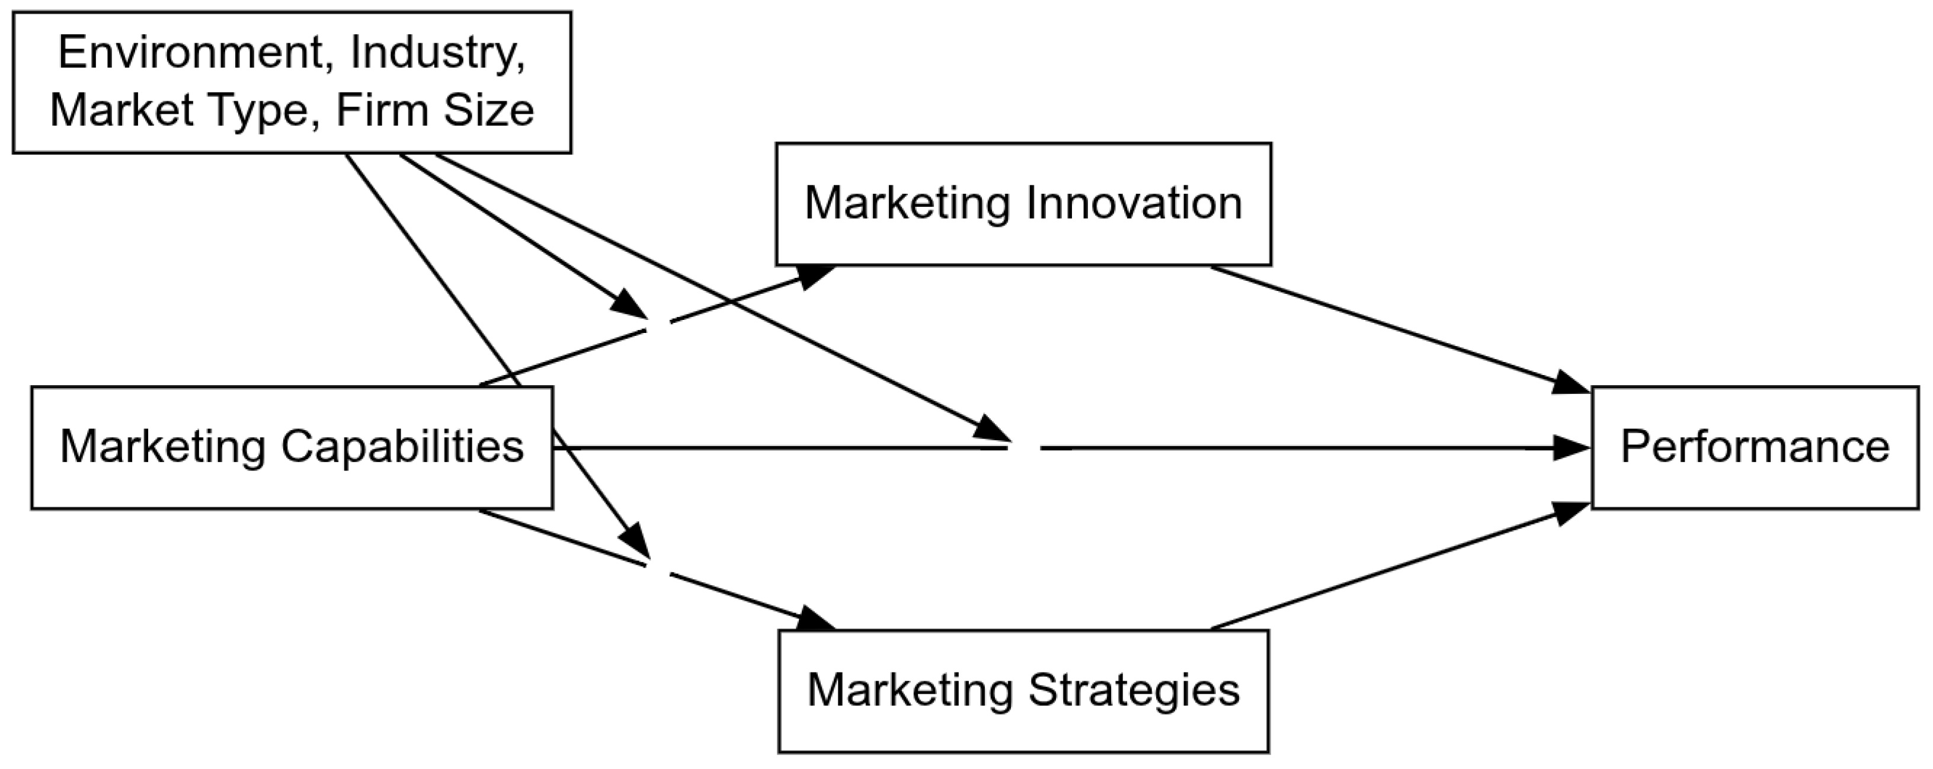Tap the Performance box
click(x=1755, y=448)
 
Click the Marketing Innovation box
click(x=1023, y=204)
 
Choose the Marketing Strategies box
click(x=1023, y=691)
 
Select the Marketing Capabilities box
click(x=292, y=448)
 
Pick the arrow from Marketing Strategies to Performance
click(x=1396, y=566)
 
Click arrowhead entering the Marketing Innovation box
click(x=817, y=274)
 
